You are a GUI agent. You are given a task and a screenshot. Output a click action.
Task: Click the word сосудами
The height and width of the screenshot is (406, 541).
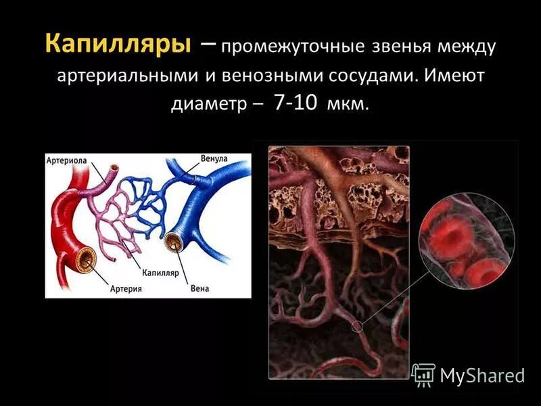[365, 75]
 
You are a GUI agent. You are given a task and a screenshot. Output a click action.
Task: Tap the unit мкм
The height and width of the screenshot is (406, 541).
[348, 106]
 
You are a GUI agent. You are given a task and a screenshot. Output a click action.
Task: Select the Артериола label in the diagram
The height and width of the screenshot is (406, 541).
[66, 161]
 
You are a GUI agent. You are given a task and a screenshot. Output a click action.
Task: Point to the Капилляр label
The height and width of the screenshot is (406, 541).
[160, 273]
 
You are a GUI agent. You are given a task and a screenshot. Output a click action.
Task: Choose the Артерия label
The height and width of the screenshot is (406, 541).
[126, 289]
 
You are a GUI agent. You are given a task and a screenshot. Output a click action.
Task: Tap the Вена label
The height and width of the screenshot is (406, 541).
[199, 289]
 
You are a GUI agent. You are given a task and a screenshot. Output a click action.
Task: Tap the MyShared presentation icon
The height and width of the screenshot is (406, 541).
[423, 374]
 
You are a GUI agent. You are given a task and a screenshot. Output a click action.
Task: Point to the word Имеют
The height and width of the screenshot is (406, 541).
[454, 75]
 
